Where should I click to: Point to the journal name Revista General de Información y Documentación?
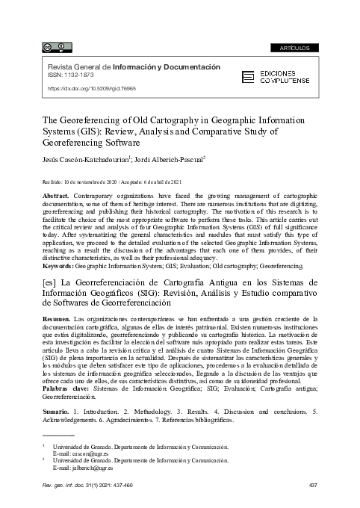pos(134,66)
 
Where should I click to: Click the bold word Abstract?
pos(58,193)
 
